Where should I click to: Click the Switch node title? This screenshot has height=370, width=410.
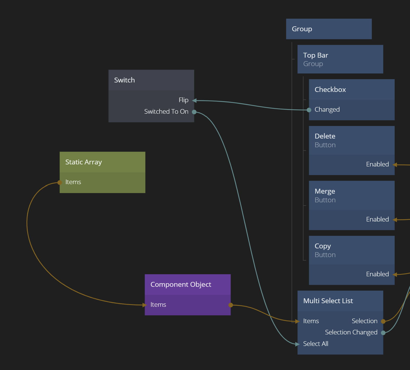[125, 80]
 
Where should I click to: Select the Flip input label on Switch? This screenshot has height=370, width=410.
[183, 100]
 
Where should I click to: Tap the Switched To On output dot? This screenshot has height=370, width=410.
[194, 112]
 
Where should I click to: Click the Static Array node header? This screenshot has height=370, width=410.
[84, 162]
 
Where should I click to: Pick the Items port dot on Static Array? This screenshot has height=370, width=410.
[60, 183]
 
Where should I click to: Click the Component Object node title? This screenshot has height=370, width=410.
[181, 284]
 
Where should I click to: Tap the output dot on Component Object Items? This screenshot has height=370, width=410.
[231, 305]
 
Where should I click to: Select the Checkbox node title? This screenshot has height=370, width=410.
[330, 90]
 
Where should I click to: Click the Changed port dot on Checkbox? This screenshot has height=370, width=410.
[309, 110]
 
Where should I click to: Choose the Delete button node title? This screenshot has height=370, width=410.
[325, 136]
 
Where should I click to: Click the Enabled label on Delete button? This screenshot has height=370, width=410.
[377, 164]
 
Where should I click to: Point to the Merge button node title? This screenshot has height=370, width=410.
[325, 191]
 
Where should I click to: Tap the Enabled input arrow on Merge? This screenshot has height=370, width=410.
[395, 220]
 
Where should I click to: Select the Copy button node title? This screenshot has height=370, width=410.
[323, 246]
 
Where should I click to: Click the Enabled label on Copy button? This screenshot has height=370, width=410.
[377, 274]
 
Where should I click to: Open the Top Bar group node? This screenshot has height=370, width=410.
[315, 56]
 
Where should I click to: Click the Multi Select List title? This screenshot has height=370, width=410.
[328, 301]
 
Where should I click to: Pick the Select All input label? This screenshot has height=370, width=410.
[315, 344]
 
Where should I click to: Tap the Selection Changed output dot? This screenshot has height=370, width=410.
[383, 333]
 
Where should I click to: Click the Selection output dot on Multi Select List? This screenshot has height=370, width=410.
[383, 321]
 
